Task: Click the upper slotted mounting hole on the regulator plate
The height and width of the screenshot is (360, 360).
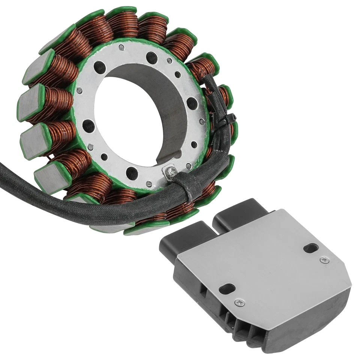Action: pos(311,248)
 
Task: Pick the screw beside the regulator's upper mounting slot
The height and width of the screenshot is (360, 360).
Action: pos(323,259)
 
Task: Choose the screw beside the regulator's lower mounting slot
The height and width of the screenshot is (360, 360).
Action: pos(239,302)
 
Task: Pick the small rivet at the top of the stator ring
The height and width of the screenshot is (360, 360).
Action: pos(121,48)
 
